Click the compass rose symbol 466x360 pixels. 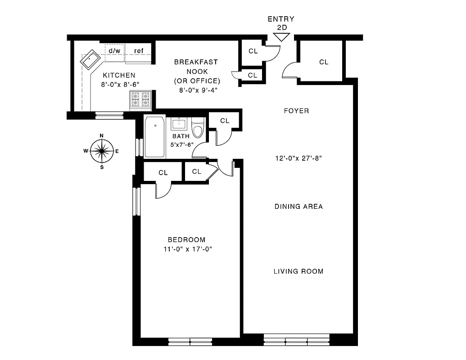point(101,151)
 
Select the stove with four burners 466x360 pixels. point(140,99)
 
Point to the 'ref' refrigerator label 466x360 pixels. point(139,51)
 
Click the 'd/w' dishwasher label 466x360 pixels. point(114,51)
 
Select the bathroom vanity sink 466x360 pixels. point(180,124)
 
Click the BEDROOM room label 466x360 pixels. point(186,240)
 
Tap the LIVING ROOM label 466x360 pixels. point(298,271)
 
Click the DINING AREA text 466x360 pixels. point(299,207)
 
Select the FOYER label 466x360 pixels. point(296,111)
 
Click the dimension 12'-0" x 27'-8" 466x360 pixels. point(299,158)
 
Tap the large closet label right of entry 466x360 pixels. point(324,62)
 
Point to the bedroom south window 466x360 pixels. point(190,342)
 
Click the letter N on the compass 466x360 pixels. point(102,135)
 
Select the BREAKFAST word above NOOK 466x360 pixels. point(196,62)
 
